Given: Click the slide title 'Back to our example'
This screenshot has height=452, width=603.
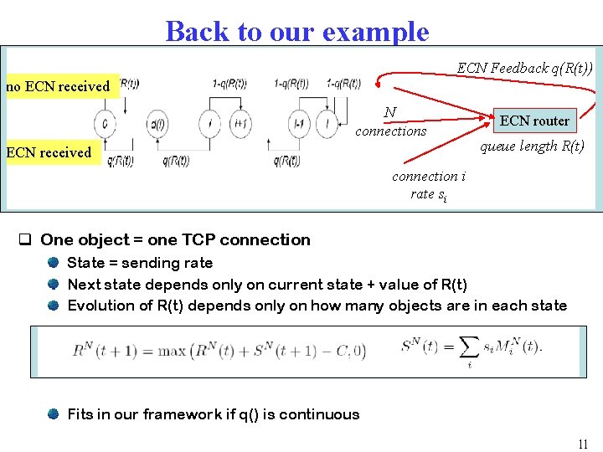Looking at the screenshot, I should (x=297, y=31).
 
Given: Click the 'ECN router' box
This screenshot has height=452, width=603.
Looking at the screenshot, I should (x=534, y=121).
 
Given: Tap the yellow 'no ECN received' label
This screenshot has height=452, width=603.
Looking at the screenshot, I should (x=59, y=86).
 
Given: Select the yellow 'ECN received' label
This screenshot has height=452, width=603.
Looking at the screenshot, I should (x=49, y=152).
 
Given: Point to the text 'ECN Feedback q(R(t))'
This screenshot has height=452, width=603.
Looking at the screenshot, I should (x=524, y=68).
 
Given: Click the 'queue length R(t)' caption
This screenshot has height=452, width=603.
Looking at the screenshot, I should (x=532, y=146).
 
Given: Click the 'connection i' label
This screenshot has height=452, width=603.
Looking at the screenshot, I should (x=429, y=177).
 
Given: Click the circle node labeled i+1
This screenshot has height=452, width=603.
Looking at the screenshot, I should (x=241, y=124).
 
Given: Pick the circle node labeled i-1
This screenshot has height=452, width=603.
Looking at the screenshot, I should (x=298, y=124).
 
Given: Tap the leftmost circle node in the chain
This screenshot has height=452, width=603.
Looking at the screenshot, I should (x=105, y=124).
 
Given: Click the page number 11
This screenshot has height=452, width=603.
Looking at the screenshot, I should (x=583, y=444).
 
